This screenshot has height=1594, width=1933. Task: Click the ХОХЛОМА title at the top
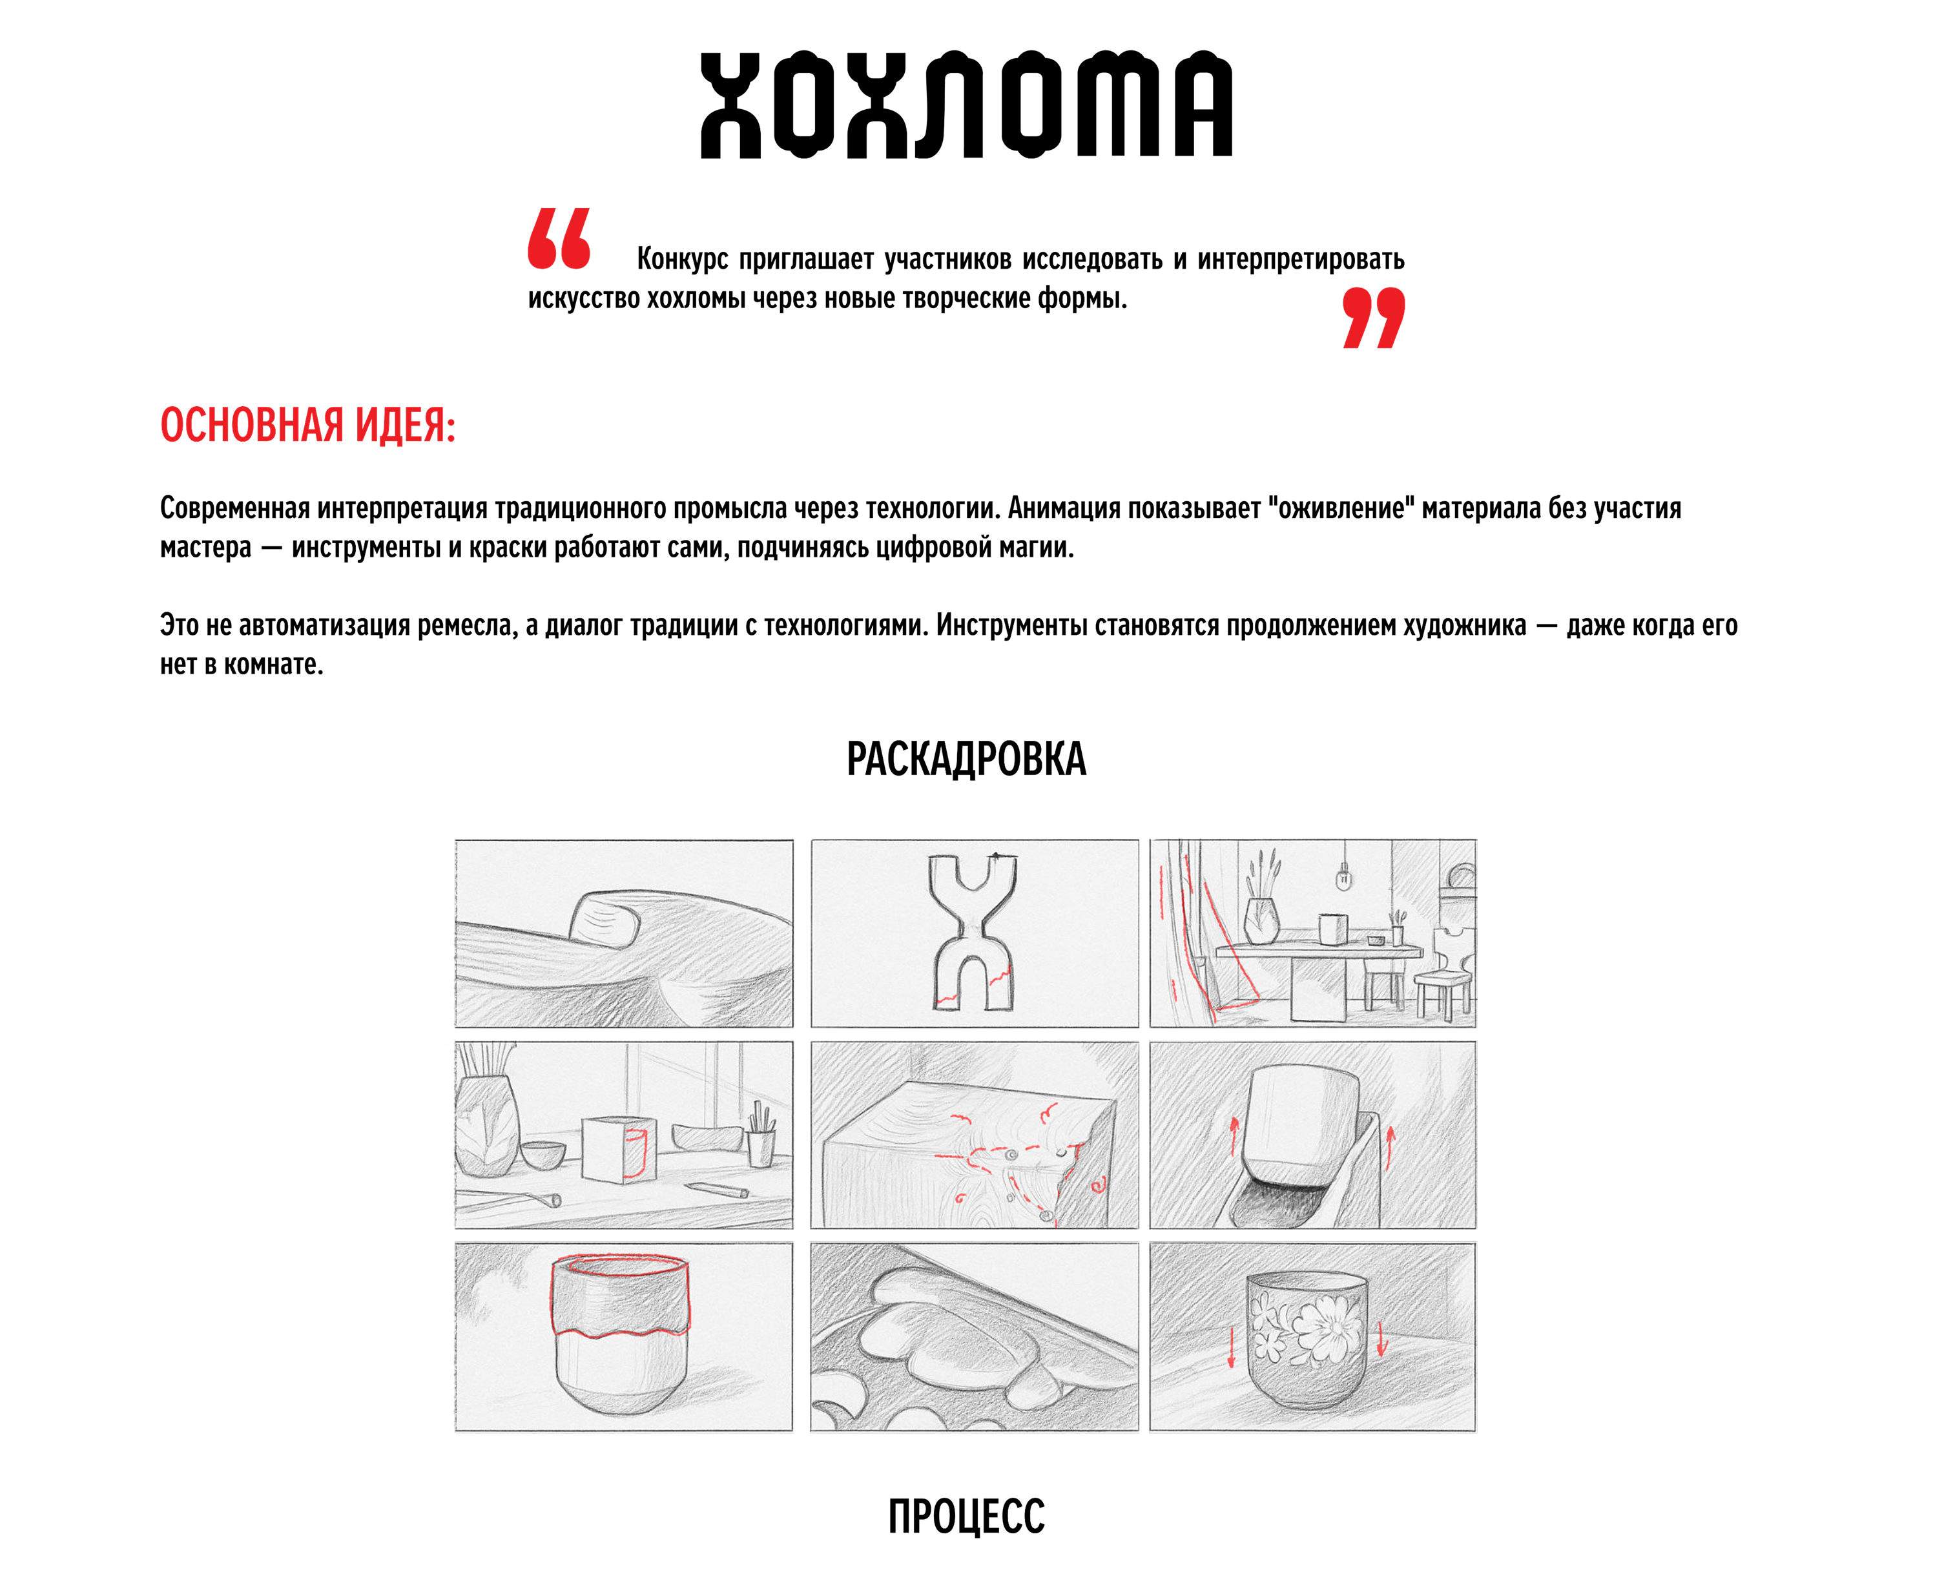[x=966, y=105]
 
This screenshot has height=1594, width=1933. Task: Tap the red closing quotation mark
[x=1374, y=318]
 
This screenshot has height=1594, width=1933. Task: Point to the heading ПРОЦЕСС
[x=966, y=1516]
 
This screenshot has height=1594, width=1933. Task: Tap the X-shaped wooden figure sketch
[x=973, y=932]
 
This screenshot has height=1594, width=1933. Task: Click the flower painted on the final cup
[x=1322, y=1327]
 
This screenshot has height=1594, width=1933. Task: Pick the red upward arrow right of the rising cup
[x=1390, y=1148]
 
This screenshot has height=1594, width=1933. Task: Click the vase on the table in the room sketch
[x=1261, y=920]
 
